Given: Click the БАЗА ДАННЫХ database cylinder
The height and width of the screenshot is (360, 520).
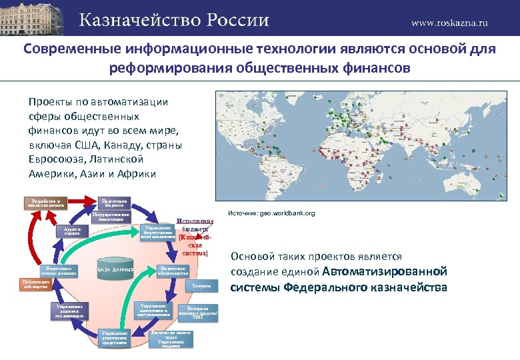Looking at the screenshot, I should point(117,270).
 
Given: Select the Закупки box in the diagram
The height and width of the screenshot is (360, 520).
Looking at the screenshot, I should point(201,286).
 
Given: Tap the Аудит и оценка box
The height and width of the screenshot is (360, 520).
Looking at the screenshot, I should point(72,231).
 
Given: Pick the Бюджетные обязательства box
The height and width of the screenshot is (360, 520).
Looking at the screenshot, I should point(177,271).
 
